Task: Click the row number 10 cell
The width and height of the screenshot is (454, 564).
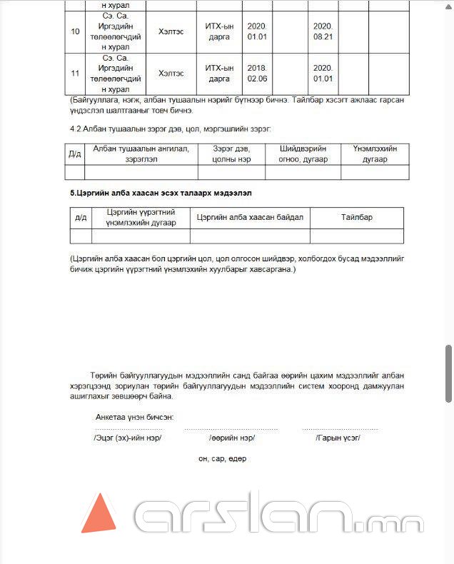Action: pos(75,32)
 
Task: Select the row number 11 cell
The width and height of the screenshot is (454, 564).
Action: pos(75,73)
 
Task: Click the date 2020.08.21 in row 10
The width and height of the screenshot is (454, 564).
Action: pos(323,32)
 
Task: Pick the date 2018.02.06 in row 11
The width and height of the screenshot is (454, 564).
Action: pos(256,73)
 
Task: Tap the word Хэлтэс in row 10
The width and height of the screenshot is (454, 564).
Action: pos(171,32)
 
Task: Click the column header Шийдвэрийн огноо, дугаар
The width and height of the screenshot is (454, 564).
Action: pos(303,153)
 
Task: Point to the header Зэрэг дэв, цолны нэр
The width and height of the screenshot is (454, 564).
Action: pos(231,153)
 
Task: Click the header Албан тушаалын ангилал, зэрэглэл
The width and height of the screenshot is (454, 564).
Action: pos(141,153)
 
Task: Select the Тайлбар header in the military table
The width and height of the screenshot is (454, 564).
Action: pos(356,217)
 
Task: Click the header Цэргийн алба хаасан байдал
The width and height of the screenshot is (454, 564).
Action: pos(250,217)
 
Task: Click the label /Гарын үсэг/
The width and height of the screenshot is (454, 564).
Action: pos(338,437)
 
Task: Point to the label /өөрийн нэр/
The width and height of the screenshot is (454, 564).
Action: pos(232,437)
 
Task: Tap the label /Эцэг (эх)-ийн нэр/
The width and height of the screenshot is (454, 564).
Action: pos(127,437)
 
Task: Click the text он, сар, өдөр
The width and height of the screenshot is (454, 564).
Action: pos(222,458)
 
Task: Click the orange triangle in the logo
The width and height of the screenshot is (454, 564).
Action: pos(98,516)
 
